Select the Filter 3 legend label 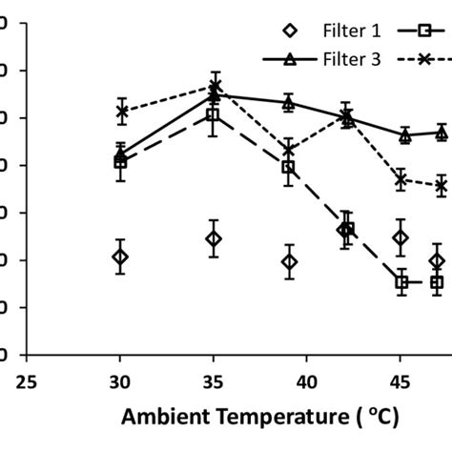tap(353, 59)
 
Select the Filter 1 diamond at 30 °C tap(120, 257)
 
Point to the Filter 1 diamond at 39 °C tap(289, 262)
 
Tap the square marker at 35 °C tap(214, 115)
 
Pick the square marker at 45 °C tap(401, 282)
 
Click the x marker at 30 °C tap(121, 112)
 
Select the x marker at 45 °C tap(401, 179)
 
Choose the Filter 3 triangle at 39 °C tap(289, 103)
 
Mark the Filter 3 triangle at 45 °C tap(405, 135)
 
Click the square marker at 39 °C tap(289, 168)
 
